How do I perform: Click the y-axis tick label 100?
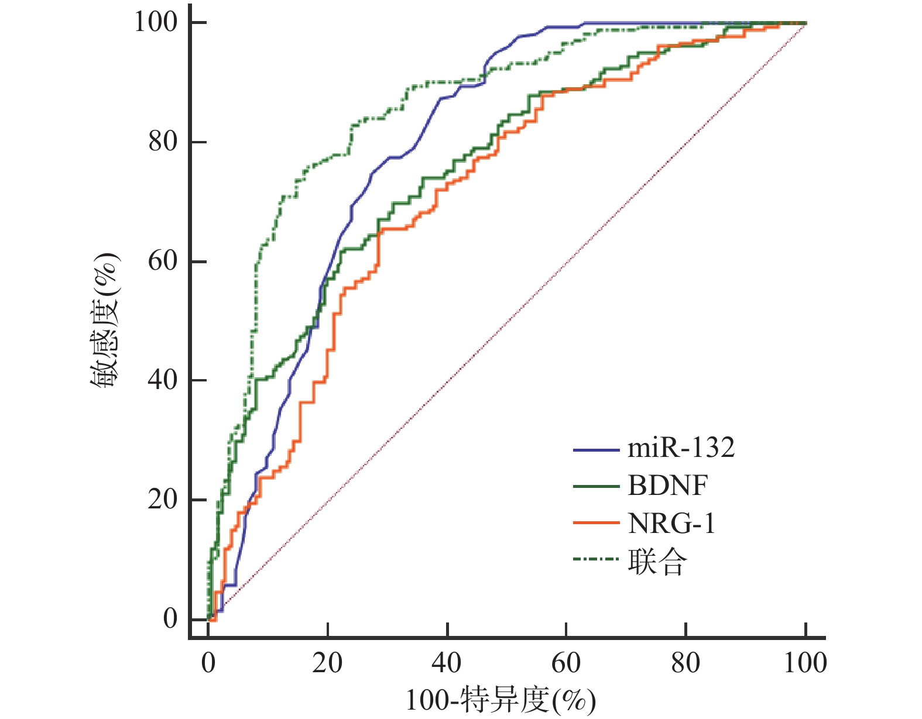156,22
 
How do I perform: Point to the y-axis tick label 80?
163,142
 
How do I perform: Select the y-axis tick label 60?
163,261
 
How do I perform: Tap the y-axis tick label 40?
163,380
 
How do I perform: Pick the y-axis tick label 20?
163,500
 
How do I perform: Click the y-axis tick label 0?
170,619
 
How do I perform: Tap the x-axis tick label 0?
208,663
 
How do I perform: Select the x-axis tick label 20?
328,663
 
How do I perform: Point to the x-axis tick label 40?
447,663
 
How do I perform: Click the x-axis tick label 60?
566,663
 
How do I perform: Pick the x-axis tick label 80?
685,663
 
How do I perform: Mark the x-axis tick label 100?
806,663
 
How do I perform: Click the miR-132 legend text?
681,448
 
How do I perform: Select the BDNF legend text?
668,486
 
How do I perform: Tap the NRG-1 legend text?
671,524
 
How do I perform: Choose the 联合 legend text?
657,562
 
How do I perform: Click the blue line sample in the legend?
596,450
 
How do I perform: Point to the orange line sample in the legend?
596,522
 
